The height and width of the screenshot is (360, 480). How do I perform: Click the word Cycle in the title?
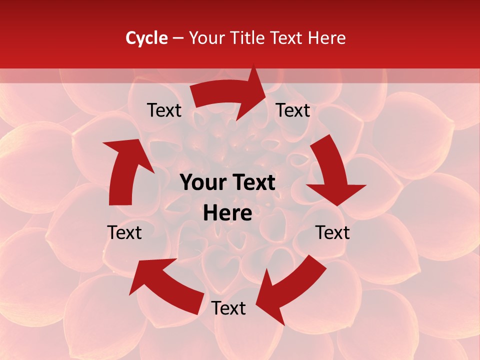[146, 38]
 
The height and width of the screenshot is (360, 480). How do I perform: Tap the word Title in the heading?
[248, 38]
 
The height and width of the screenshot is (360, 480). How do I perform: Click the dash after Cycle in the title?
[178, 38]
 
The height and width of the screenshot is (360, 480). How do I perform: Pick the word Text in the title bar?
[287, 38]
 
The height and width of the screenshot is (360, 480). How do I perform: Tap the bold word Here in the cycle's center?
[227, 213]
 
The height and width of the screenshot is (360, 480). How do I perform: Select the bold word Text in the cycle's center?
[253, 183]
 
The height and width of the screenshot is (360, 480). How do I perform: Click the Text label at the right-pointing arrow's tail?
[164, 110]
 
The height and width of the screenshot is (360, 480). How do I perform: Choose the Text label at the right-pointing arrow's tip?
[293, 110]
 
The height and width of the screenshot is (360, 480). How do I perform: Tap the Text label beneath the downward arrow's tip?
[332, 232]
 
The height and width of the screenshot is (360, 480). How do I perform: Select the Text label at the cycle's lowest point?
[228, 308]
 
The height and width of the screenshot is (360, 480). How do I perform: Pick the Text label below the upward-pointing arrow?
[124, 232]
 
